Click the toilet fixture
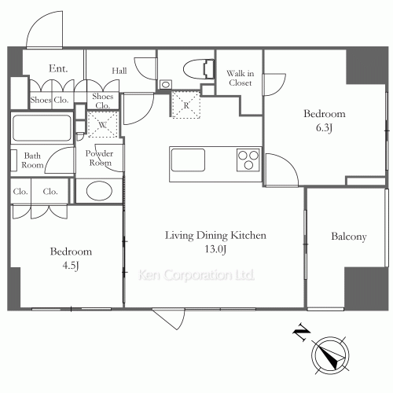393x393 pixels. pyautogui.click(x=199, y=69)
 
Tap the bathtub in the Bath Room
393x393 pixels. pyautogui.click(x=42, y=128)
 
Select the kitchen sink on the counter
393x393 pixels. pyautogui.click(x=188, y=160)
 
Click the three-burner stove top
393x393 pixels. pyautogui.click(x=248, y=160)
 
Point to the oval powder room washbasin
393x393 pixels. pyautogui.click(x=99, y=190)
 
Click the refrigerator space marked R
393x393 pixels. pyautogui.click(x=185, y=105)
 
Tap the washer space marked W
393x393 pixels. pyautogui.click(x=102, y=124)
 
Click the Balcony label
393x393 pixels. pyautogui.click(x=349, y=237)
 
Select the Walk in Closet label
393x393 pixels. pyautogui.click(x=241, y=78)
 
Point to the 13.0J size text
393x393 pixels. pyautogui.click(x=215, y=249)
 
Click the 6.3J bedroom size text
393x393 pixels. pyautogui.click(x=324, y=128)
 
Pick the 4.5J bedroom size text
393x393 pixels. pyautogui.click(x=71, y=266)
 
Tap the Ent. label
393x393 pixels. pyautogui.click(x=58, y=68)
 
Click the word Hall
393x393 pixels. pyautogui.click(x=119, y=71)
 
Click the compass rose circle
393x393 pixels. pyautogui.click(x=330, y=355)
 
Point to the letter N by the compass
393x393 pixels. pyautogui.click(x=301, y=332)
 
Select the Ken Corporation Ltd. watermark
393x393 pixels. pyautogui.click(x=196, y=275)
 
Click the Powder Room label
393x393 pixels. pyautogui.click(x=100, y=158)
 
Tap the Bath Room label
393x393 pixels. pyautogui.click(x=32, y=160)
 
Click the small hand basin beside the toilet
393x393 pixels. pyautogui.click(x=166, y=85)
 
